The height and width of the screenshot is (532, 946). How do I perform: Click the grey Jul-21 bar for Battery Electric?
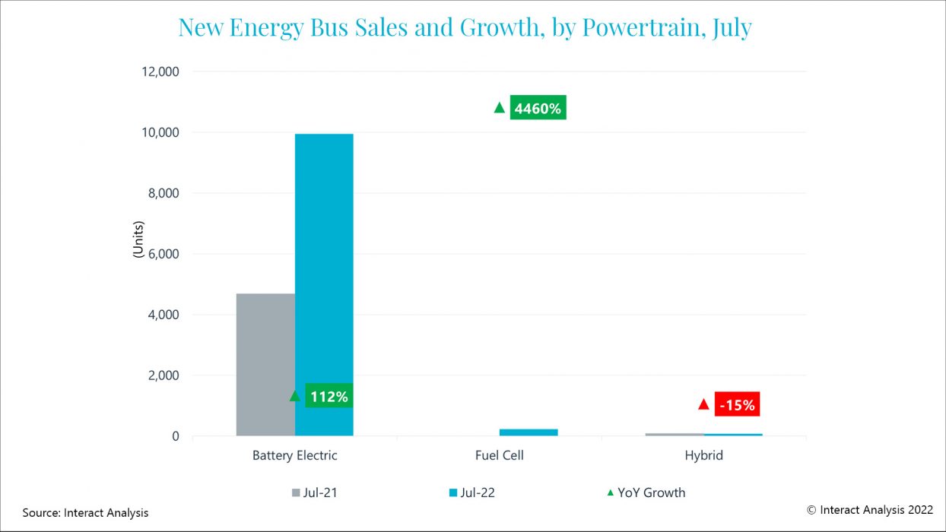point(265,365)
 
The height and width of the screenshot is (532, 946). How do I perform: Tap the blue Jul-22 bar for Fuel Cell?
point(529,432)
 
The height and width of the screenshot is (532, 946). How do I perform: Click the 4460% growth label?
point(538,109)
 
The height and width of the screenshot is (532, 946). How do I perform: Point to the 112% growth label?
point(329,396)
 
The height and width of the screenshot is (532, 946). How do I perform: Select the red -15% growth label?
point(737,405)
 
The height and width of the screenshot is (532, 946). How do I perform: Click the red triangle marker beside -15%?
point(703,404)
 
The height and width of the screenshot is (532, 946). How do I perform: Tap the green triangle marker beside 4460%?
point(499,108)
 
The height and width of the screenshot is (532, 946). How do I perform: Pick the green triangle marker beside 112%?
point(295,396)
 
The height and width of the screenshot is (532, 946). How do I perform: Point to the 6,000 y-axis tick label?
point(160,254)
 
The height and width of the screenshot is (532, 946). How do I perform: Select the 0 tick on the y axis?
point(175,436)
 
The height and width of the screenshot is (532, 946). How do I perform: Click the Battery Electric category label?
point(294,456)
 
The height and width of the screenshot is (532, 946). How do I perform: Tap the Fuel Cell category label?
point(499,456)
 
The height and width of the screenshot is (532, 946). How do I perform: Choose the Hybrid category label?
point(703,456)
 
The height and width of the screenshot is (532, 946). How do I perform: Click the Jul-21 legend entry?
point(314,492)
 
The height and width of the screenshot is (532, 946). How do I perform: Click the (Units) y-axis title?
point(138,239)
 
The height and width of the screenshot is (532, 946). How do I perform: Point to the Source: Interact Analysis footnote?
point(85,513)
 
